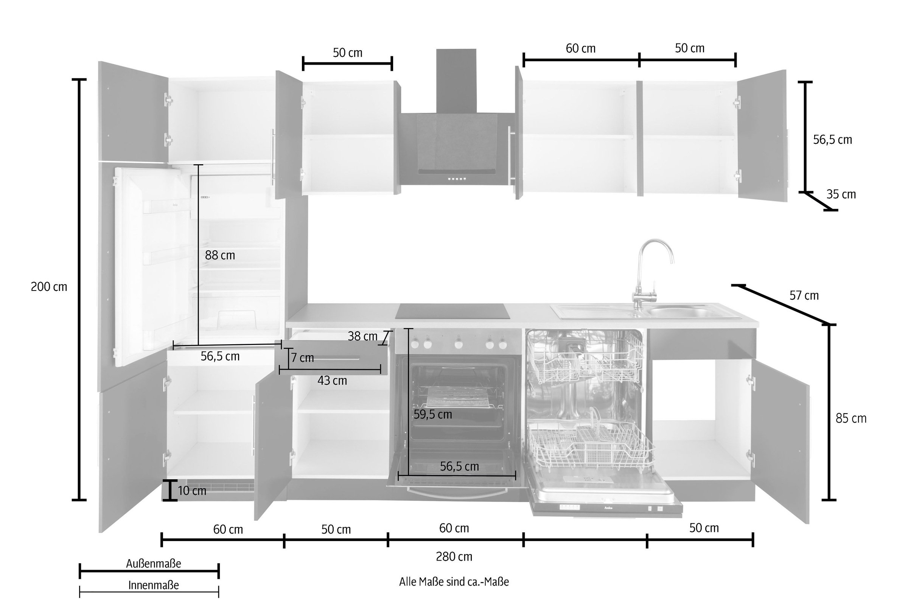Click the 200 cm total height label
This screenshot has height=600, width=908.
pyautogui.click(x=49, y=287)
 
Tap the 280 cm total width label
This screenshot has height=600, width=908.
pyautogui.click(x=454, y=556)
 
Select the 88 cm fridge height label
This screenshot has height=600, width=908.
pyautogui.click(x=220, y=255)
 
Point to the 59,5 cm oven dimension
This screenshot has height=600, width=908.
pyautogui.click(x=433, y=414)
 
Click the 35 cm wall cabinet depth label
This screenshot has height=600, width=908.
pyautogui.click(x=841, y=194)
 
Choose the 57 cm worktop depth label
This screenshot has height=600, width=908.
pyautogui.click(x=804, y=295)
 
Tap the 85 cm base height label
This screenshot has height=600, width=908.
pyautogui.click(x=851, y=418)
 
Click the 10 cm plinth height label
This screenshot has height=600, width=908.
pyautogui.click(x=192, y=491)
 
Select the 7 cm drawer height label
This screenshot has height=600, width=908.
pyautogui.click(x=302, y=358)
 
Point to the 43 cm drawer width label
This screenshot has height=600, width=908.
pyautogui.click(x=332, y=380)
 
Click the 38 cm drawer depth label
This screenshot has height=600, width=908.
pyautogui.click(x=363, y=336)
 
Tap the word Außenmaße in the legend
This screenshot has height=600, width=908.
pyautogui.click(x=154, y=563)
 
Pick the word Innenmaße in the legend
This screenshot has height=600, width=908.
pyautogui.click(x=154, y=585)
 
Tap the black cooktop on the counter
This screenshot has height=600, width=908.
pyautogui.click(x=452, y=311)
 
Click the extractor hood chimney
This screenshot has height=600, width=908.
pyautogui.click(x=456, y=81)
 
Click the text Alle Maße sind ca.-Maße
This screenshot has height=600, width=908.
pyautogui.click(x=454, y=581)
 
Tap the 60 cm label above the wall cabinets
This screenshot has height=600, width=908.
pyautogui.click(x=580, y=48)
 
